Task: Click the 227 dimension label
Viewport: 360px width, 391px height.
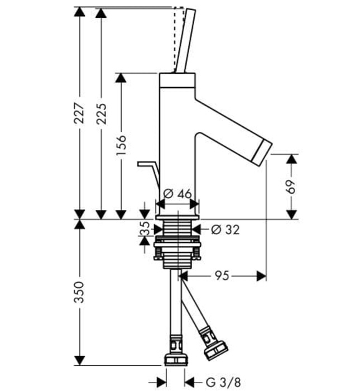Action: [x=79, y=113]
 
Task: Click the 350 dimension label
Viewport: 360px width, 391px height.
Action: [x=79, y=292]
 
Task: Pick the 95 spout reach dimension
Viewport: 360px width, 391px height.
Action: [x=221, y=275]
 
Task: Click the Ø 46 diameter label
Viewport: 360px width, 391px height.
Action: [x=178, y=194]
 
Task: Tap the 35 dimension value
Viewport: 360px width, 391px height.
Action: [x=145, y=228]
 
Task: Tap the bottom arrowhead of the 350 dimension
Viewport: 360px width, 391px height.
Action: [x=79, y=361]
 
